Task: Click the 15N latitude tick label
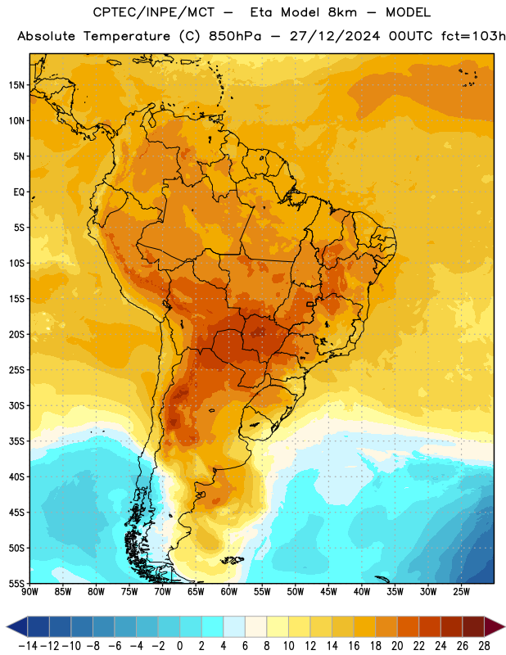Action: pos(16,85)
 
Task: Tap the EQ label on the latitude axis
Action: pos(19,192)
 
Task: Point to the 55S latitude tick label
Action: pos(16,584)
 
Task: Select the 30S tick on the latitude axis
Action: pos(16,405)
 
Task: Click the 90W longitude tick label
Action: pos(30,592)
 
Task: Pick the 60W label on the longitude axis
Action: pos(229,592)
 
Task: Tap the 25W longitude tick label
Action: pos(461,592)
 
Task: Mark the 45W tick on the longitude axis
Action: pos(328,592)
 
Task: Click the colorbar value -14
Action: pos(28,646)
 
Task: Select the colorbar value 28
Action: pos(484,646)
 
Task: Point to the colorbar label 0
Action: pos(179,646)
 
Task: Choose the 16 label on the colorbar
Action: pos(354,646)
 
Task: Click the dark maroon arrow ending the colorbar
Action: pos(495,626)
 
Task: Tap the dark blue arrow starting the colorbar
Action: pos(17,626)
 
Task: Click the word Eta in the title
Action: pos(260,12)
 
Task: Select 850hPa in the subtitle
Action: pos(235,36)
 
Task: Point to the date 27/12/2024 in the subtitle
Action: pos(335,36)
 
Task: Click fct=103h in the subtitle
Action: pos(473,36)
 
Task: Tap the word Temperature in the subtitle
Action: pos(127,36)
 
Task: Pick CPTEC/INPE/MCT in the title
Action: pos(154,12)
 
